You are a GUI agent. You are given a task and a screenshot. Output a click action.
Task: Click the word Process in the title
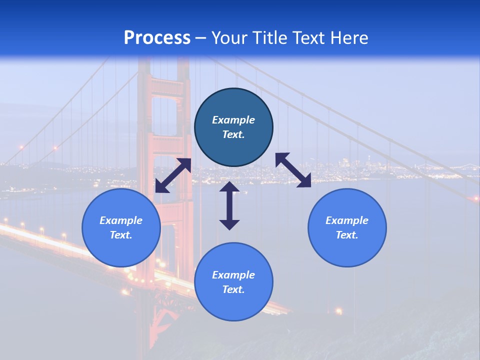[x=157, y=38]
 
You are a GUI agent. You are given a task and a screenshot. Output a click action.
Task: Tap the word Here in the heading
[x=348, y=38]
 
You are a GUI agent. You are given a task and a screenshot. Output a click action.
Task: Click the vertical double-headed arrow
[x=229, y=205]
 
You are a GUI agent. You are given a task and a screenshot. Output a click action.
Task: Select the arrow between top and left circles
[x=173, y=175]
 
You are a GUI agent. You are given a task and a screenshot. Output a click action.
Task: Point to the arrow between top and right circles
[x=293, y=170]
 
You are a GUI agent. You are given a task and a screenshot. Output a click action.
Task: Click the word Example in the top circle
[x=233, y=120]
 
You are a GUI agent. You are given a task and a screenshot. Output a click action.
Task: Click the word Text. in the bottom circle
[x=233, y=289]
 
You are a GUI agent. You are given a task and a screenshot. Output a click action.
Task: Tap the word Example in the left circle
[x=121, y=220]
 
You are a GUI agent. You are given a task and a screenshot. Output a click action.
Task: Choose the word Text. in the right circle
[x=347, y=235]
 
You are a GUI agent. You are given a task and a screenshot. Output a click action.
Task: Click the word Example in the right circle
[x=347, y=220]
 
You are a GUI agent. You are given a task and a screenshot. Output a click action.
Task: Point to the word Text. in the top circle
[x=233, y=134]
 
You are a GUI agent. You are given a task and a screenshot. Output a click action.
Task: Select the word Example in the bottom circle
[x=233, y=275]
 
